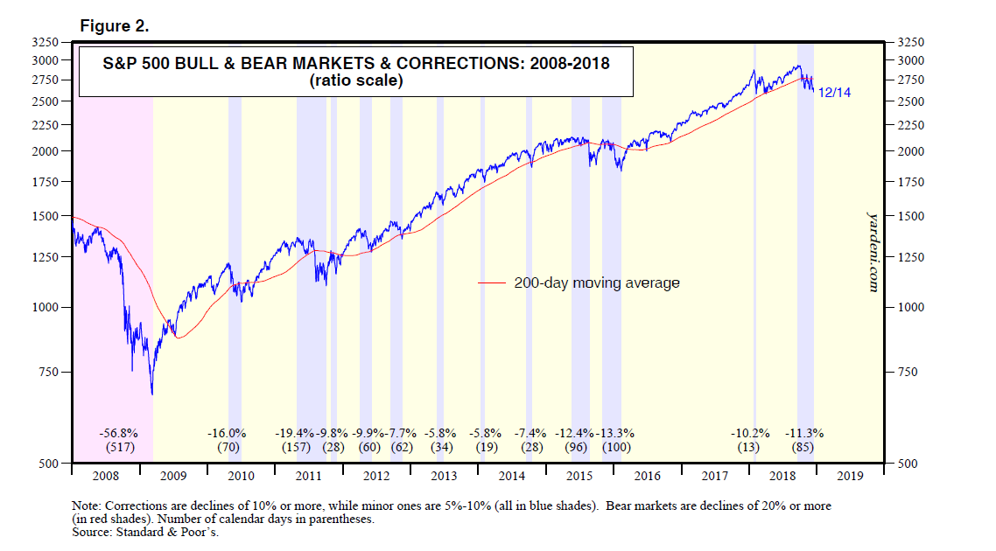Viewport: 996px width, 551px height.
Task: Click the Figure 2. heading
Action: [115, 26]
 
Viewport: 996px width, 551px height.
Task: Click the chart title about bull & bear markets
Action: [355, 63]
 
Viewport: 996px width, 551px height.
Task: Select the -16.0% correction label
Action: [227, 433]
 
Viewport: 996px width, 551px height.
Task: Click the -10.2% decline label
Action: [750, 433]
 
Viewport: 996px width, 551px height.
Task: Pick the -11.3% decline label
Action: [804, 433]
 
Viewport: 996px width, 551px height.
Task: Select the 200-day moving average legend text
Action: [597, 283]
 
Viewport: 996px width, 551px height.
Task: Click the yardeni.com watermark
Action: [872, 249]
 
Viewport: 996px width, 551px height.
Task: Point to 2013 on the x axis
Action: [444, 477]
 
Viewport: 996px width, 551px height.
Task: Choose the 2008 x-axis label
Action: [104, 477]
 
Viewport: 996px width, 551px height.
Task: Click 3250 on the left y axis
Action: [44, 42]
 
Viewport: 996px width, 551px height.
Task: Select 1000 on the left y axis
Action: [44, 307]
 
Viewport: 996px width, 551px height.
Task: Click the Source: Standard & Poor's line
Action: [144, 532]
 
